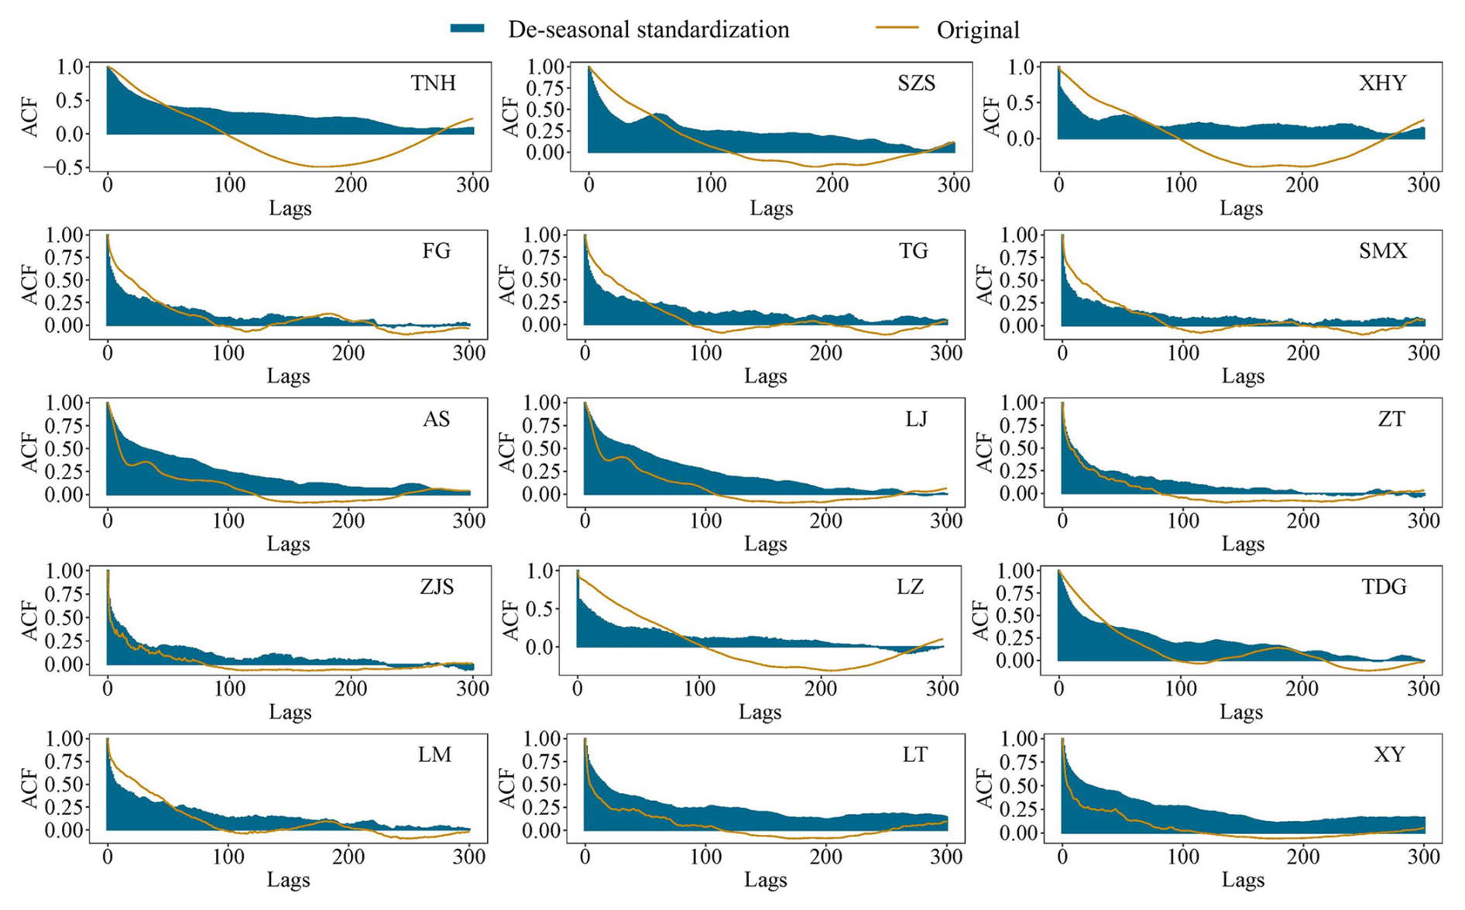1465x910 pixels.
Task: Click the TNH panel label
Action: tap(433, 83)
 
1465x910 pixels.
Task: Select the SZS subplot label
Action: tap(916, 83)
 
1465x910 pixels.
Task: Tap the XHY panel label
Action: tap(1382, 83)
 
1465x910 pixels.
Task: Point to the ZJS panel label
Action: tap(437, 587)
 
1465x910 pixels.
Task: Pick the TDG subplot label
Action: tap(1384, 587)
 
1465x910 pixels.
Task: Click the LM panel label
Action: tap(434, 755)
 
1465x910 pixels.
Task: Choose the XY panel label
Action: tap(1389, 755)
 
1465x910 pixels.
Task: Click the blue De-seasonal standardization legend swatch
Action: tap(468, 29)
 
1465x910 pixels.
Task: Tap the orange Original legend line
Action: tap(897, 29)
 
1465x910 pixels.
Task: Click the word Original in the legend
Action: tap(978, 30)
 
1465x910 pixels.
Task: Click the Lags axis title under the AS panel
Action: tap(289, 544)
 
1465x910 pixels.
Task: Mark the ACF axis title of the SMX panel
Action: tap(984, 284)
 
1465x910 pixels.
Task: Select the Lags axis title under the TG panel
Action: tap(766, 376)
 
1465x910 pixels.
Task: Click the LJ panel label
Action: tap(916, 419)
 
